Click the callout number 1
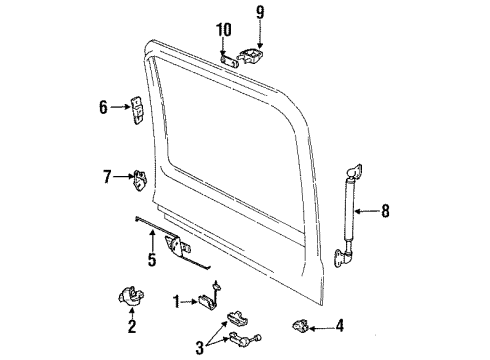[x=176, y=300]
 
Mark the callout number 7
[x=107, y=178]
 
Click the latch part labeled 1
[x=213, y=298]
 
